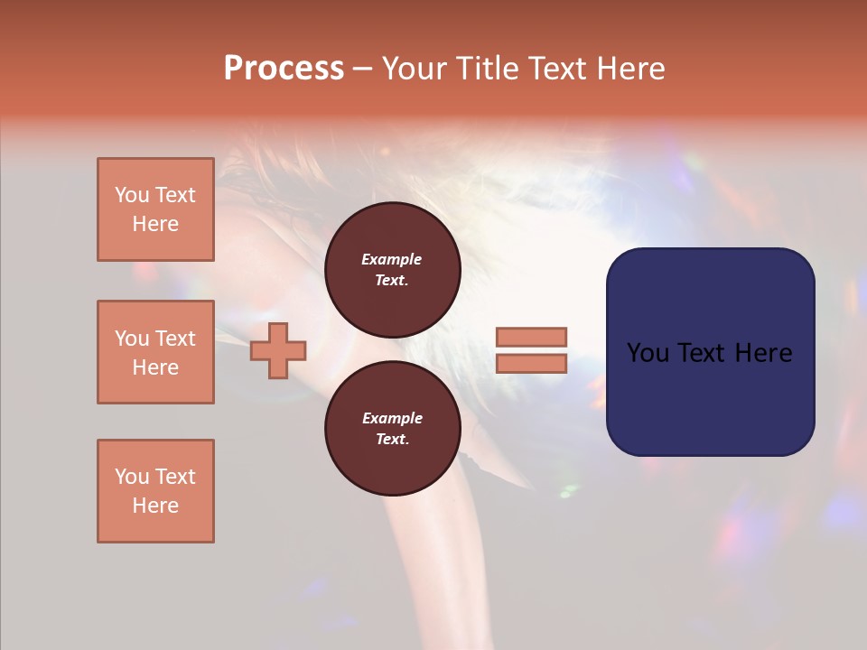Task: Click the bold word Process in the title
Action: (x=284, y=69)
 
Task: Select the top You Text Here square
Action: (x=155, y=209)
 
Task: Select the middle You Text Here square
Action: (x=155, y=352)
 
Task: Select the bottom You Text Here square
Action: (x=155, y=491)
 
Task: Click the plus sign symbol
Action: (x=278, y=350)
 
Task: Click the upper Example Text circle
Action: (x=393, y=269)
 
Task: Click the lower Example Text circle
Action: (x=393, y=428)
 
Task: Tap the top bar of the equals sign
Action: (x=531, y=338)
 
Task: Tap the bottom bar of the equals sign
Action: (x=531, y=363)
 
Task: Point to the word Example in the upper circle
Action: (x=392, y=259)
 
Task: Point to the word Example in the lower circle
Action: (x=392, y=418)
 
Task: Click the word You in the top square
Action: (x=132, y=195)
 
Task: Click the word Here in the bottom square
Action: (x=155, y=506)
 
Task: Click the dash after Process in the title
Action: (x=362, y=69)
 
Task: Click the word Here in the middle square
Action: (x=155, y=367)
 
